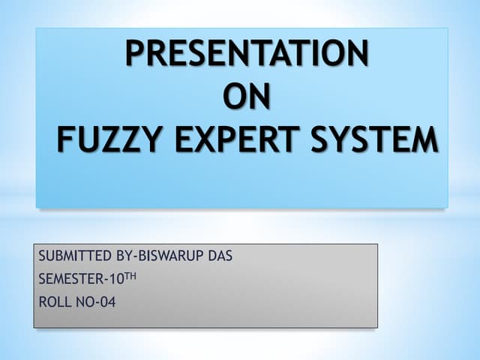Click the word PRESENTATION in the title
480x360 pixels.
point(246,54)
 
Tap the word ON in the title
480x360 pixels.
point(246,97)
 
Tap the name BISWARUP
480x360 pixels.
point(171,256)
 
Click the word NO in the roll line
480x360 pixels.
point(84,303)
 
